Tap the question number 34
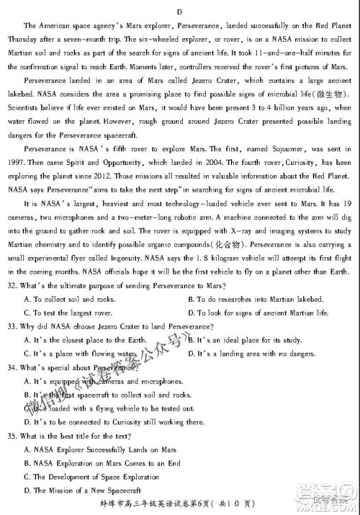(10, 367)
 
